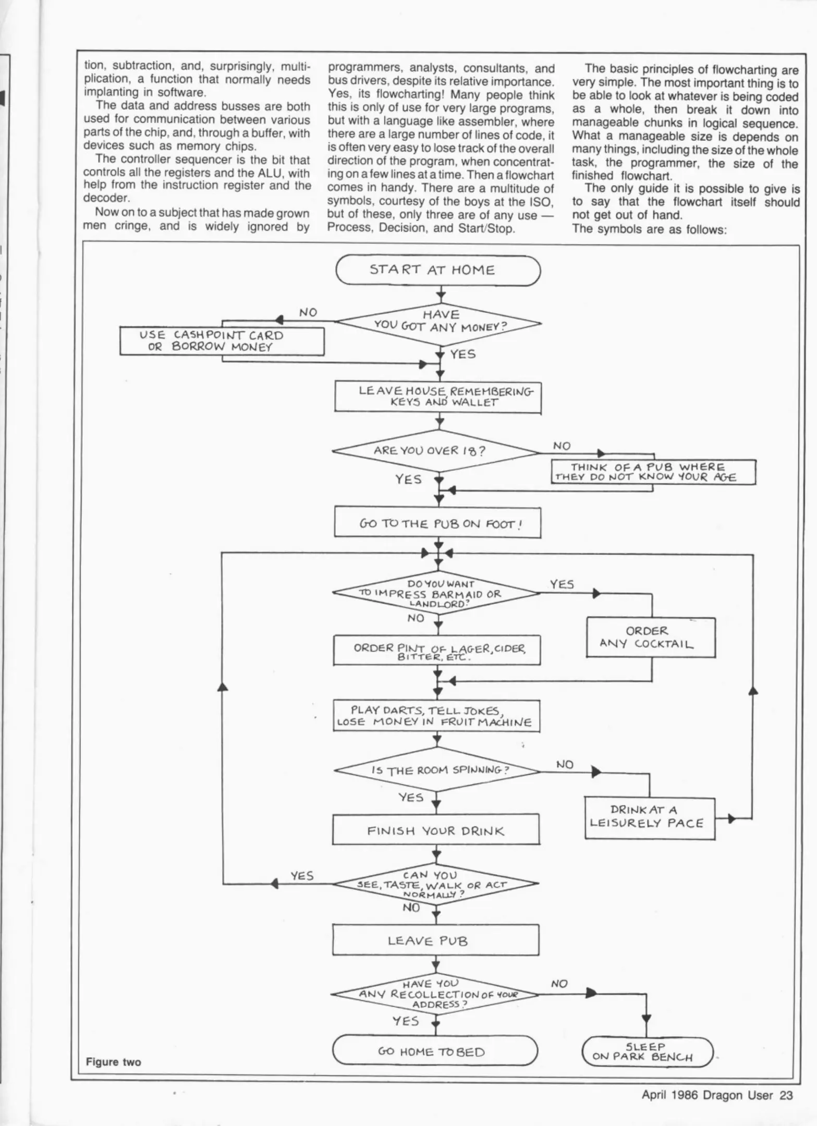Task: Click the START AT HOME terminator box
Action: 438,270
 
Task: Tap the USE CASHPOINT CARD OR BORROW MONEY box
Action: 222,341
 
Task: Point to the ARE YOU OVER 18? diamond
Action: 436,451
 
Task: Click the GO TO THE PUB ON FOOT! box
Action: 437,523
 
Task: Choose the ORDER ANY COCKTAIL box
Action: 650,638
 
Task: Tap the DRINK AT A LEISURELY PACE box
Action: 649,818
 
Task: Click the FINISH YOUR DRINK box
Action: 436,830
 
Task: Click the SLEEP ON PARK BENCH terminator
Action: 647,1052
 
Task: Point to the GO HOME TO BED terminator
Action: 434,1051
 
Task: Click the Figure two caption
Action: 113,1062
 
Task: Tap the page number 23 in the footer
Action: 786,1095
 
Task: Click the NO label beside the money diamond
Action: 308,312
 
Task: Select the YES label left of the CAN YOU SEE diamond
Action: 302,876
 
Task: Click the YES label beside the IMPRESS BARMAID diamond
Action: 562,584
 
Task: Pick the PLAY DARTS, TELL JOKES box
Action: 436,716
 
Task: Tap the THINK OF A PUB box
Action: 653,472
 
